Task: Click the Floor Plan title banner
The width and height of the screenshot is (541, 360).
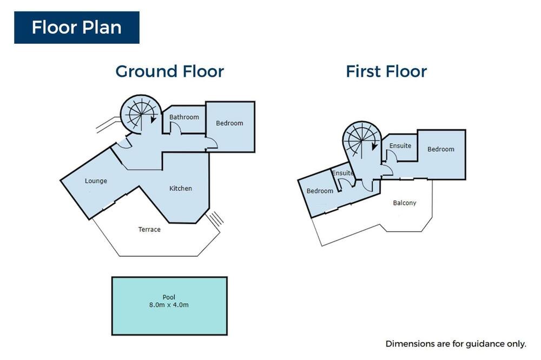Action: [x=77, y=28]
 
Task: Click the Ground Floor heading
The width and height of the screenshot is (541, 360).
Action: [x=169, y=71]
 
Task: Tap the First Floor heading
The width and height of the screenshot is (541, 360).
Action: [x=386, y=71]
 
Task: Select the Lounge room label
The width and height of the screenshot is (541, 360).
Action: [x=96, y=181]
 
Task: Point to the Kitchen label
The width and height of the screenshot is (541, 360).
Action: [x=181, y=188]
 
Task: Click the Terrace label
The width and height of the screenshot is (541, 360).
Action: [x=149, y=229]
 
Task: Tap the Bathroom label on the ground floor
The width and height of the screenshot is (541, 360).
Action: [x=184, y=117]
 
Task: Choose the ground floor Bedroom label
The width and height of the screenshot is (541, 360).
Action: [x=229, y=123]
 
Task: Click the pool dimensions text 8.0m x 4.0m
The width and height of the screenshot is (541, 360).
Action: [x=169, y=305]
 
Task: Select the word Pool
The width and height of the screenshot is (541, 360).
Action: [x=169, y=297]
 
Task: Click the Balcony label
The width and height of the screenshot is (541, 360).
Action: [x=404, y=203]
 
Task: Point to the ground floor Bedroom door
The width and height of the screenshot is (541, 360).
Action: [x=212, y=143]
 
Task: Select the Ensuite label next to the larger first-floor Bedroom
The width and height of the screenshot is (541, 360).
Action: [x=400, y=146]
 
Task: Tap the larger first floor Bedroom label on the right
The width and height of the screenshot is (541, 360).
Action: [x=440, y=149]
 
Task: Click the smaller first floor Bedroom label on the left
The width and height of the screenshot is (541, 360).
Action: [x=320, y=191]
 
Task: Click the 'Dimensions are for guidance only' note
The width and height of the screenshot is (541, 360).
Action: [x=456, y=344]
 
